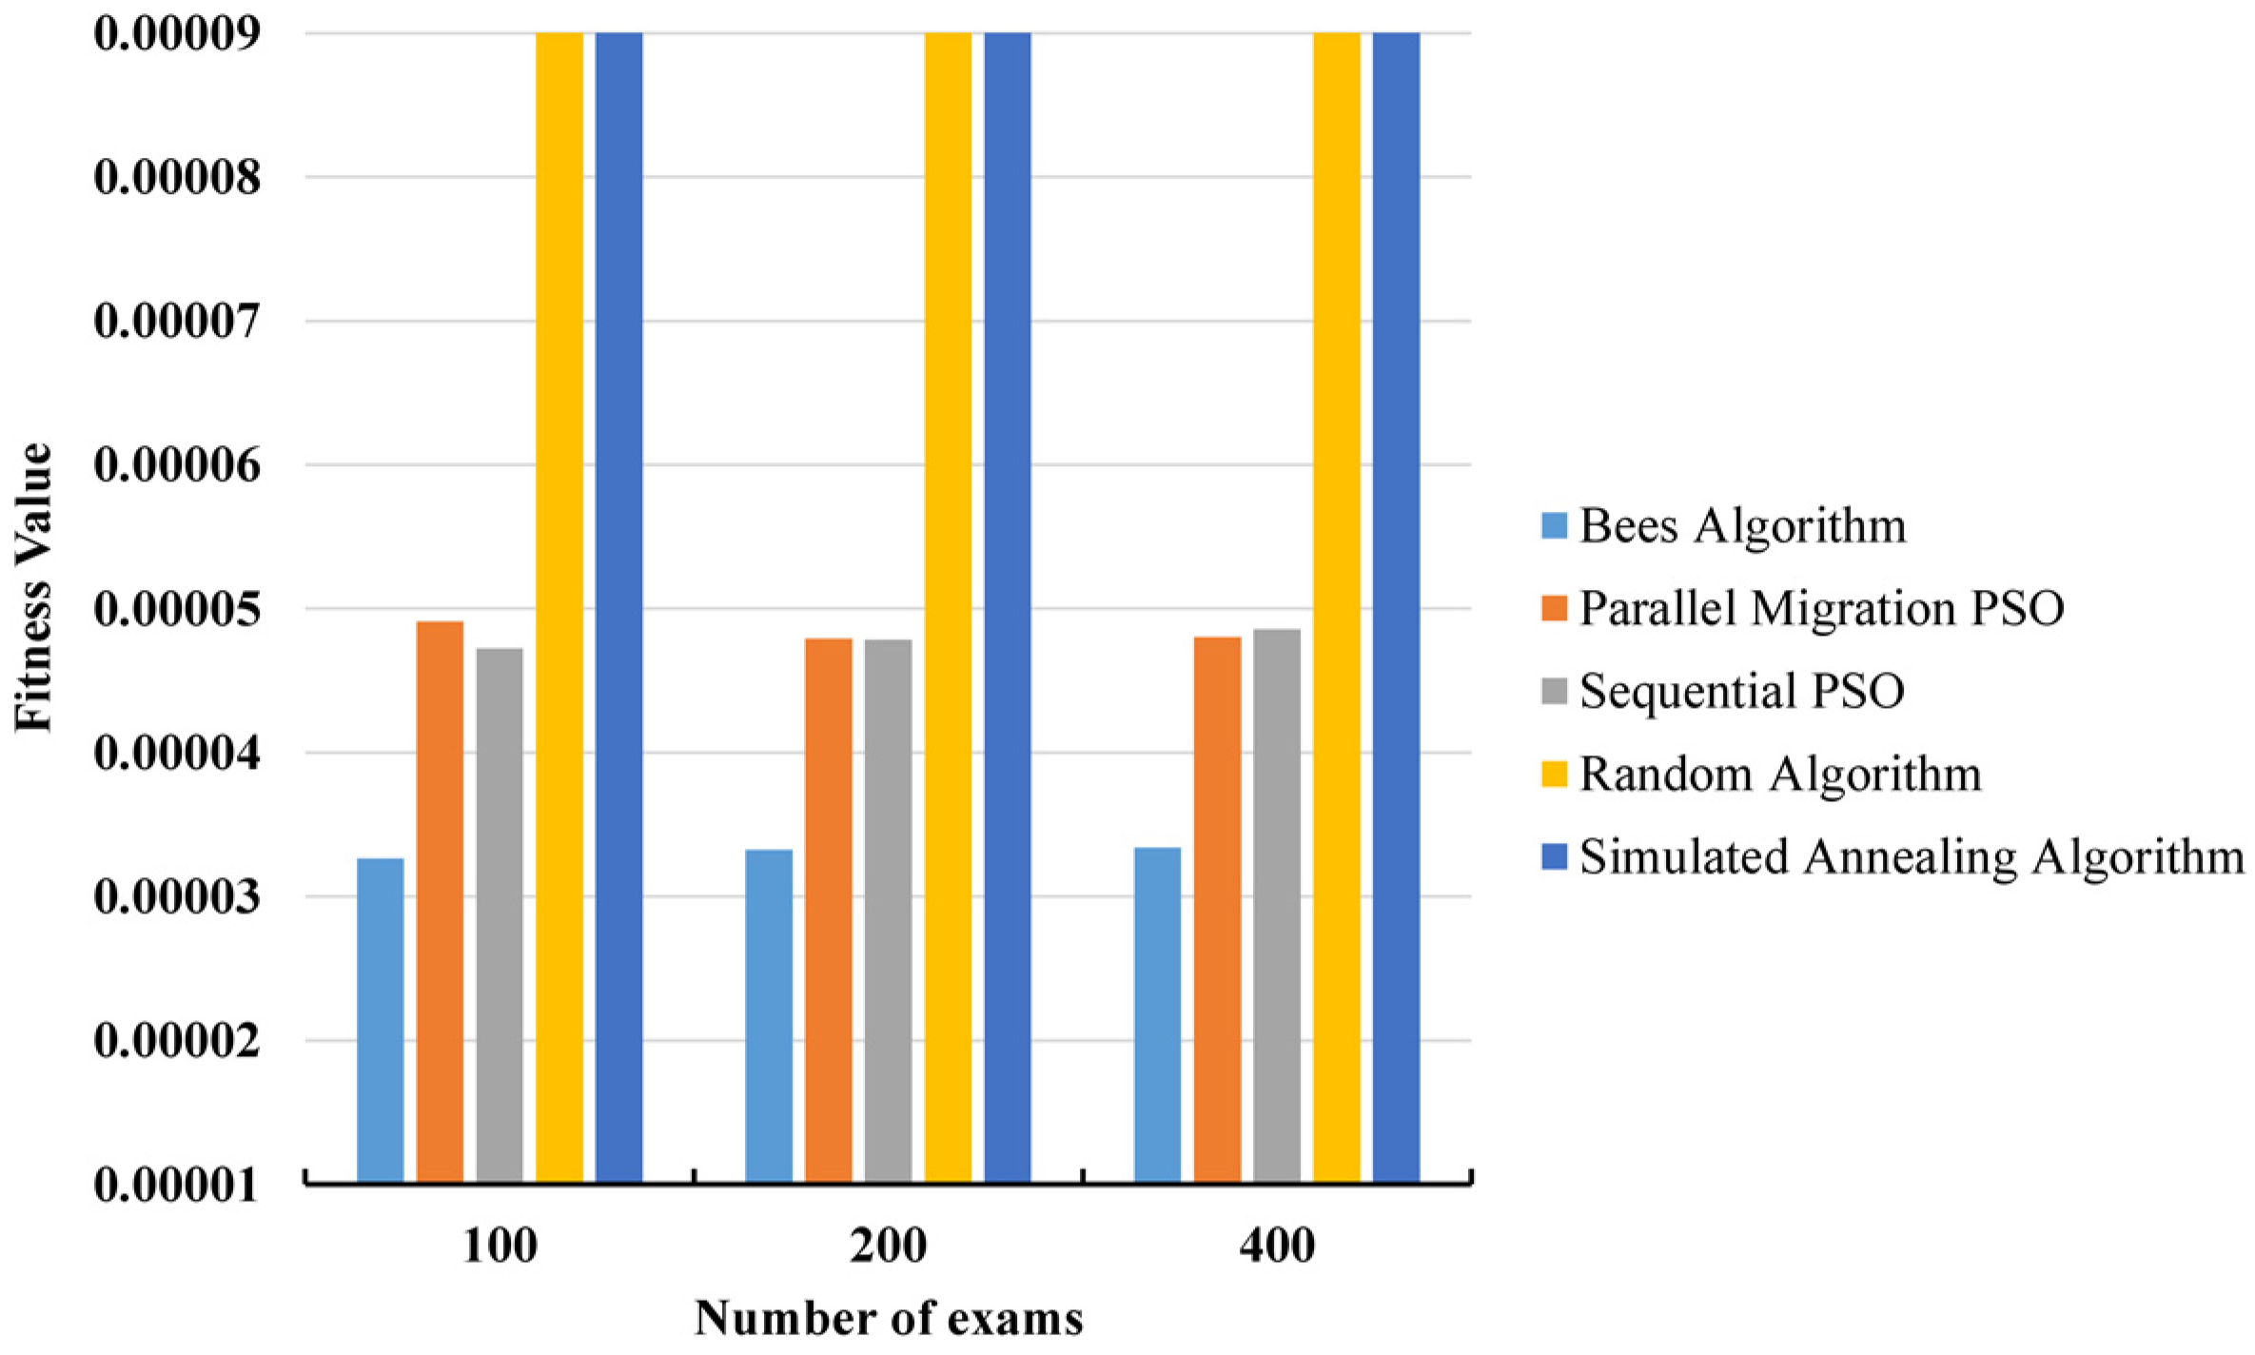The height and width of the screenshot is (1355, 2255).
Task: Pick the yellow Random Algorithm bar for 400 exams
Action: (x=1336, y=609)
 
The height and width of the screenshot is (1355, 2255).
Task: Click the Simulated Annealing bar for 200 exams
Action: (x=1008, y=609)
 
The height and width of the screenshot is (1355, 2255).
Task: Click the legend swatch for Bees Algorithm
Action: (x=1554, y=525)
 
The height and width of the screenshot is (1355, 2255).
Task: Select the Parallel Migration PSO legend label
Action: (x=1821, y=608)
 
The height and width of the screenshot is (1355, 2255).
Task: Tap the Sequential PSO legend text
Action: (x=1741, y=691)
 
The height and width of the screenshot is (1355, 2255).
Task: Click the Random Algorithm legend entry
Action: (x=1779, y=774)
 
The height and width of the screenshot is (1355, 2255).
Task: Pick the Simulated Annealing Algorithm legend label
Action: (x=1911, y=856)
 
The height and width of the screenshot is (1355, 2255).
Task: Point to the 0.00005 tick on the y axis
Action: (x=177, y=609)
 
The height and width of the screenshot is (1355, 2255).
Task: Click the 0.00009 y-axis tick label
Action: (x=177, y=33)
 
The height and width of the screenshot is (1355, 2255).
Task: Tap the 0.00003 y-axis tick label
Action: (x=177, y=897)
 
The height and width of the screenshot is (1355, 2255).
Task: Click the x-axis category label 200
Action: (x=888, y=1246)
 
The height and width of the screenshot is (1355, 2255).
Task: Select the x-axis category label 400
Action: (x=1277, y=1246)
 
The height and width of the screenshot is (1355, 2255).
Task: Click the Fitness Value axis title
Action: (x=34, y=588)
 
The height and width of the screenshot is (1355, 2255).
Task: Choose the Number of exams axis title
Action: (x=889, y=1319)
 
